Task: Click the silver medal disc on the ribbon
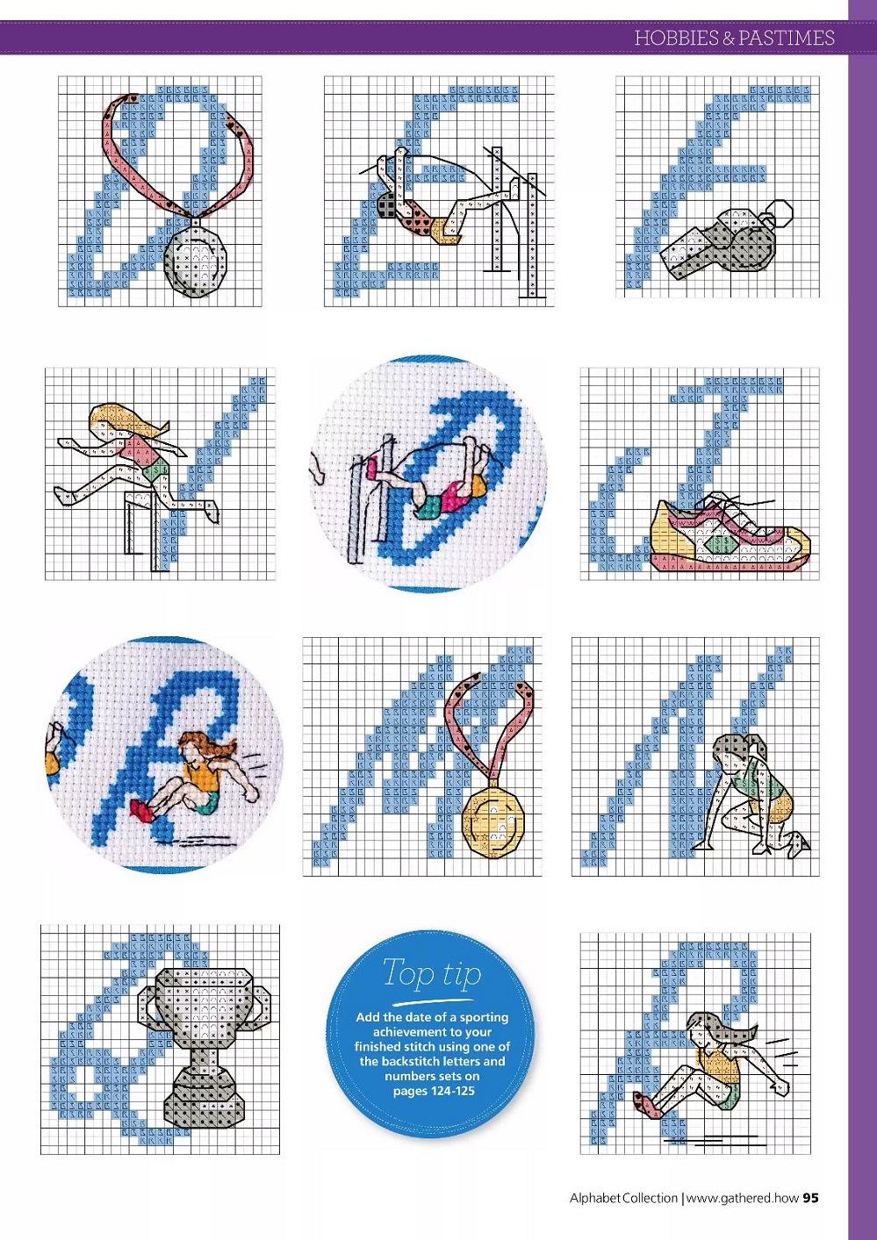point(196,258)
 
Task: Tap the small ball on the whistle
point(780,213)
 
